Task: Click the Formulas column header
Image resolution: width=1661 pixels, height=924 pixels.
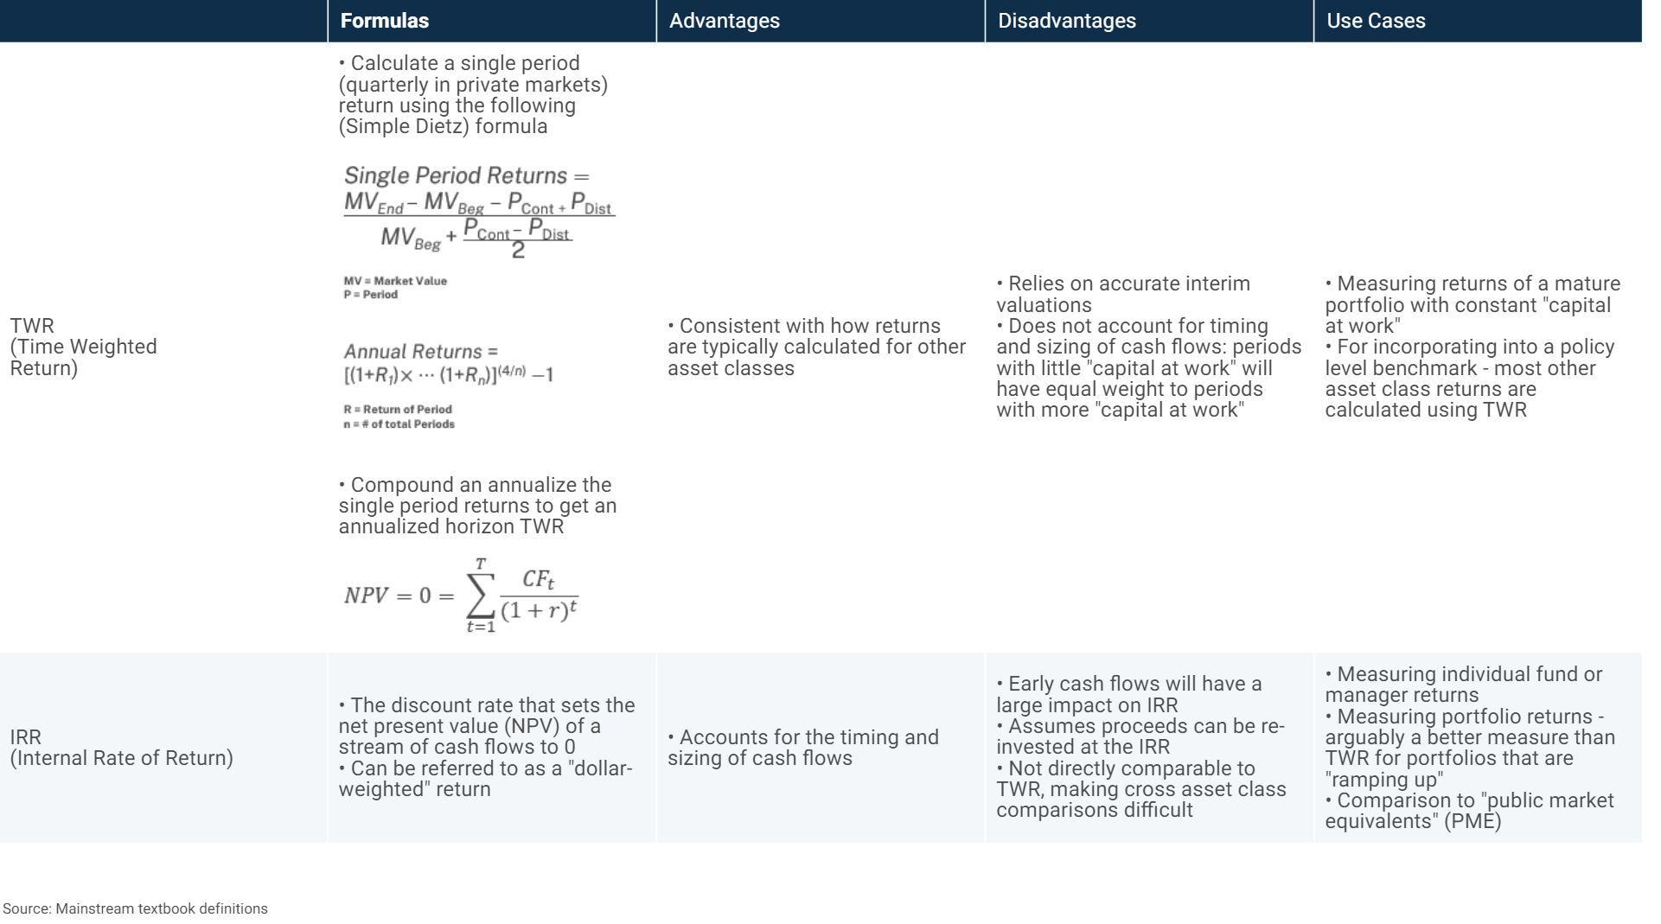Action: [x=385, y=21]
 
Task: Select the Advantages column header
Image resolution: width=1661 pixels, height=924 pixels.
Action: [x=725, y=21]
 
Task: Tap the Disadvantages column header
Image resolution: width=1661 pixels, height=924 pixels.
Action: [x=1067, y=21]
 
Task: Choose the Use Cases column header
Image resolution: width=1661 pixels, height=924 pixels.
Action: [x=1376, y=21]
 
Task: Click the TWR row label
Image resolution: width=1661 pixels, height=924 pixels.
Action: [x=83, y=347]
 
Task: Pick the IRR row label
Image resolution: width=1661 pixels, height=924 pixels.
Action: [x=121, y=748]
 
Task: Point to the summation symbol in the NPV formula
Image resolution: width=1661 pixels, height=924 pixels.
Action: [x=481, y=596]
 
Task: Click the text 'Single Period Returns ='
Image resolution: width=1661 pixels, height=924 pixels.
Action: [x=466, y=175]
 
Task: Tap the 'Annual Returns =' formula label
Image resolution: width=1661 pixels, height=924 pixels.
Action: [x=421, y=352]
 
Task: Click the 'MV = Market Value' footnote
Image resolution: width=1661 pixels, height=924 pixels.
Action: [x=395, y=281]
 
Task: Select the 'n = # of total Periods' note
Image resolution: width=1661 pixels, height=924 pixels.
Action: [x=399, y=424]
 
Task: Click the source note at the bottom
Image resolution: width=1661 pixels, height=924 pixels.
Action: [x=136, y=908]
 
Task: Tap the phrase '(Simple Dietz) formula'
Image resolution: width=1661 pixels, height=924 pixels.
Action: [x=443, y=126]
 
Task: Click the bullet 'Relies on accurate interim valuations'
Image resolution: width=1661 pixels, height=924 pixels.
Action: [x=1122, y=294]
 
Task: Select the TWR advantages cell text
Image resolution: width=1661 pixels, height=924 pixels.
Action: [x=816, y=347]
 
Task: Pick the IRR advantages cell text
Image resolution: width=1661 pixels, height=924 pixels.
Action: [x=802, y=748]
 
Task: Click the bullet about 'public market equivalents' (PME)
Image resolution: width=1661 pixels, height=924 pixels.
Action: [x=1469, y=811]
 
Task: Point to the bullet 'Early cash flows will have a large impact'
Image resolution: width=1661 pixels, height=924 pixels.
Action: [x=1128, y=694]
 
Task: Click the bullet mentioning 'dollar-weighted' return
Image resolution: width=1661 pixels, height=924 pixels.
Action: [x=485, y=779]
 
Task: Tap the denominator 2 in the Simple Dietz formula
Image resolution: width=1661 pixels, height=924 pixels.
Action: [x=518, y=251]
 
